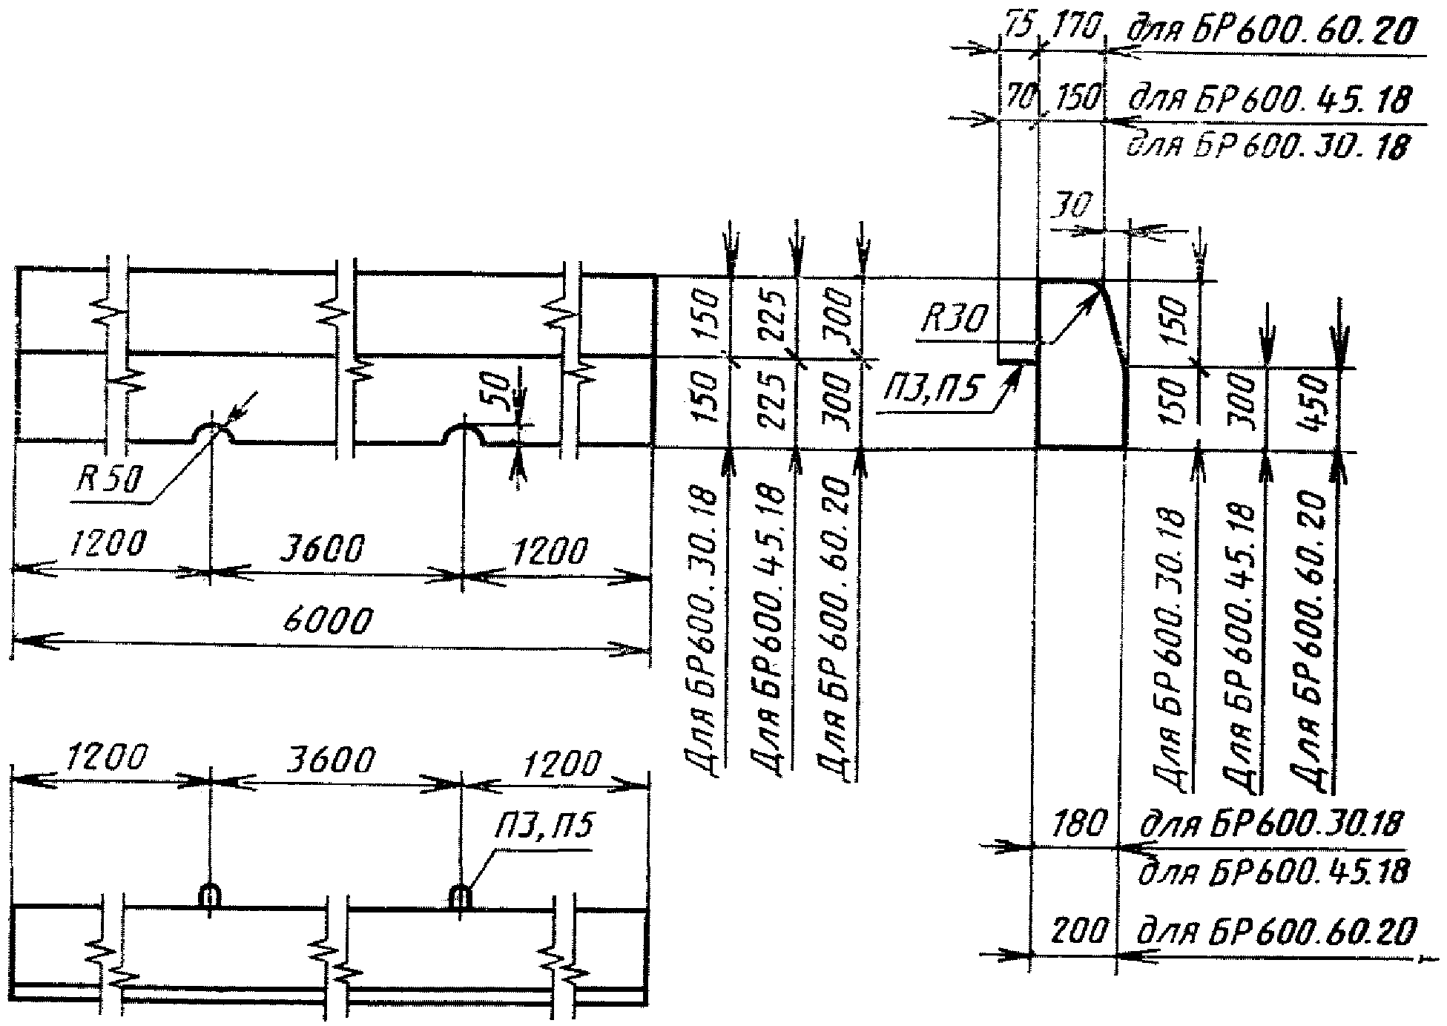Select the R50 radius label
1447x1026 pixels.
107,481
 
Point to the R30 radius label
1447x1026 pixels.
954,320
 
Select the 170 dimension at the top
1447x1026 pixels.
1072,30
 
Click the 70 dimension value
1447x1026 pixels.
1020,96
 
